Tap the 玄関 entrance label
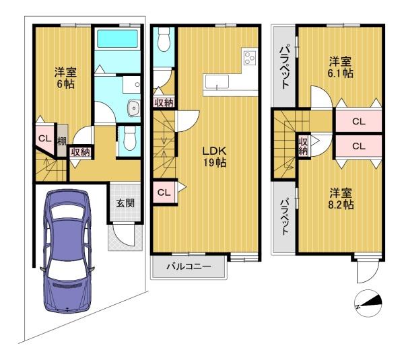(125, 203)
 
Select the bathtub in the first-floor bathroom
(117, 39)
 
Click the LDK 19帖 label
(214, 157)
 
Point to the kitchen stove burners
(250, 58)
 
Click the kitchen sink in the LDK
(216, 81)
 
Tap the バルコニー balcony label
(189, 266)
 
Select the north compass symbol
(368, 303)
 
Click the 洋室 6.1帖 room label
(340, 67)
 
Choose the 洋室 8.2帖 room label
(341, 199)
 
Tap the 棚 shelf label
(62, 141)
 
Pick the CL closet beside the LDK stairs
(164, 192)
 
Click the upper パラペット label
(284, 67)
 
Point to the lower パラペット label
(284, 217)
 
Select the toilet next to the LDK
(163, 39)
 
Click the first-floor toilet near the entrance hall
(129, 139)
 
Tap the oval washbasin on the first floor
(133, 108)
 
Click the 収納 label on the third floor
(303, 146)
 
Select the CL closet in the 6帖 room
(45, 139)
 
